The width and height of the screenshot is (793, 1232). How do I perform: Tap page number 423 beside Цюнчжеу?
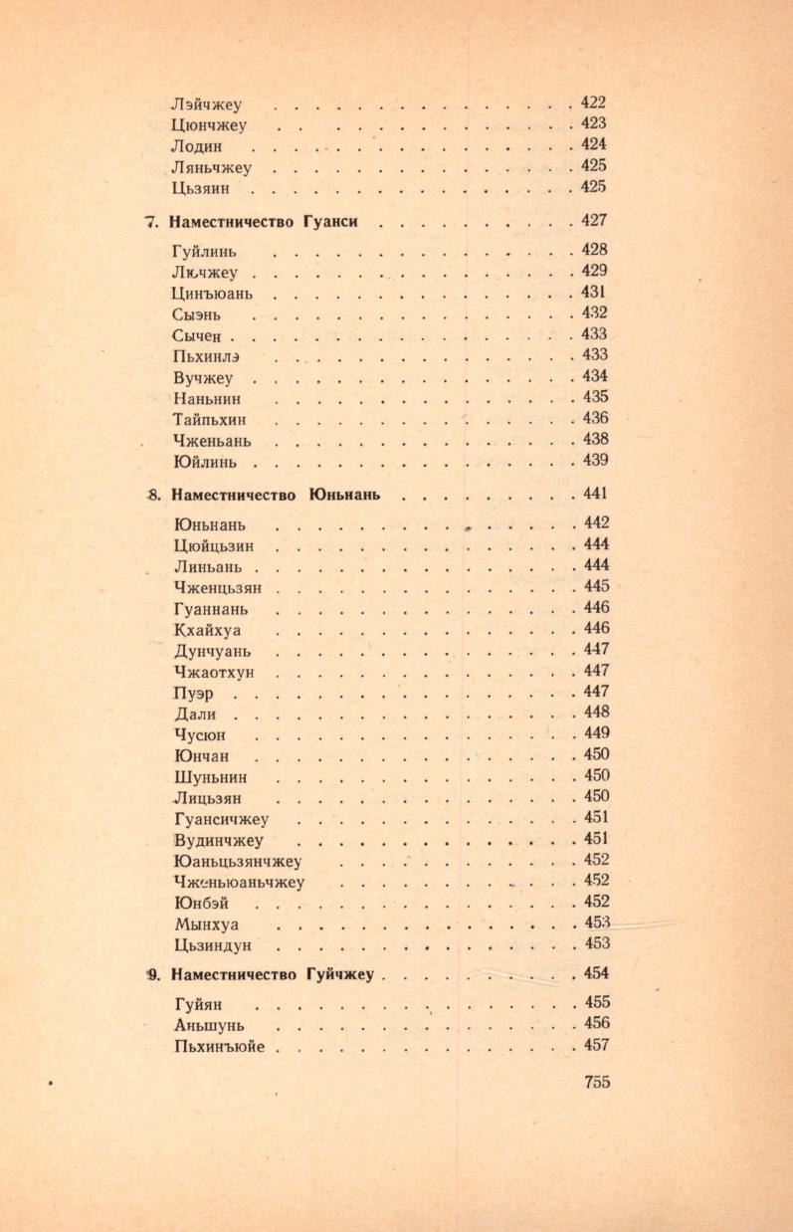(x=594, y=123)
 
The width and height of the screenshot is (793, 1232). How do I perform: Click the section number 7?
(x=151, y=222)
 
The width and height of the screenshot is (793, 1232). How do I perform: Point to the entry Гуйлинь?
(x=210, y=252)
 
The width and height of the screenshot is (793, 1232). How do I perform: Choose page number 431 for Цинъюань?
(x=594, y=293)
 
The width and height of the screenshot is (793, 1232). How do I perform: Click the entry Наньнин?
(x=206, y=398)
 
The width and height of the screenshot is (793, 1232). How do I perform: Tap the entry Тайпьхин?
(x=209, y=419)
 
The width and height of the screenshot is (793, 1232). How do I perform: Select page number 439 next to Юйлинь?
(x=594, y=460)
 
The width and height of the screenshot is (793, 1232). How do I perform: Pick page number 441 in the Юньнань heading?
(x=594, y=494)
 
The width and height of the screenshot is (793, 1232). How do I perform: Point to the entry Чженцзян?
(x=216, y=587)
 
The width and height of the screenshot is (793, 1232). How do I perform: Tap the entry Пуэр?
(x=191, y=693)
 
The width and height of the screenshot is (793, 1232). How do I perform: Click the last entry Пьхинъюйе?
(x=219, y=1045)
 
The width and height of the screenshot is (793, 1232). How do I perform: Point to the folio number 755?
(x=596, y=1083)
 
